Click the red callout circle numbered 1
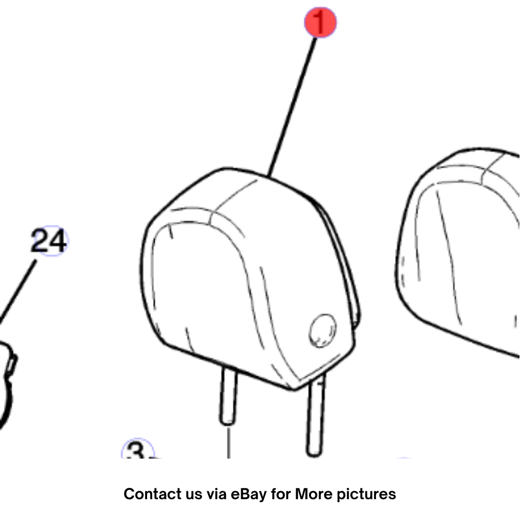click(x=320, y=23)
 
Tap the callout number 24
click(x=49, y=241)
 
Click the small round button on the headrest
click(x=322, y=330)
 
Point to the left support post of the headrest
click(x=228, y=395)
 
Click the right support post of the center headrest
click(x=316, y=415)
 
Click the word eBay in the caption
click(x=249, y=494)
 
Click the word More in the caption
click(x=314, y=494)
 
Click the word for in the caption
click(x=281, y=494)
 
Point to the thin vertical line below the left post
click(x=228, y=443)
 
